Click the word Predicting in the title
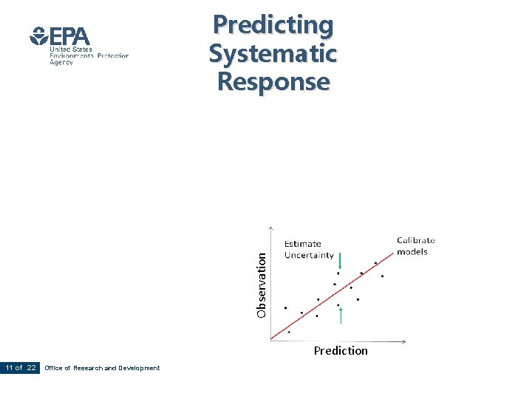pyautogui.click(x=273, y=25)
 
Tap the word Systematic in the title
pyautogui.click(x=273, y=53)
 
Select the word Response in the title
pyautogui.click(x=273, y=81)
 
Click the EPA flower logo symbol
pyautogui.click(x=38, y=35)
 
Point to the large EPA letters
pyautogui.click(x=69, y=36)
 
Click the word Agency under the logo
pyautogui.click(x=61, y=63)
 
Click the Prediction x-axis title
pyautogui.click(x=340, y=350)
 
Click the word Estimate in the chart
pyautogui.click(x=303, y=244)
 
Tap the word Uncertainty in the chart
pyautogui.click(x=309, y=256)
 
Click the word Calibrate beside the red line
pyautogui.click(x=416, y=240)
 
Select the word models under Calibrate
pyautogui.click(x=412, y=252)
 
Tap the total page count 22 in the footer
pyautogui.click(x=30, y=367)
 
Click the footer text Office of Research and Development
pyautogui.click(x=102, y=368)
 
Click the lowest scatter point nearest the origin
pyautogui.click(x=289, y=332)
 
